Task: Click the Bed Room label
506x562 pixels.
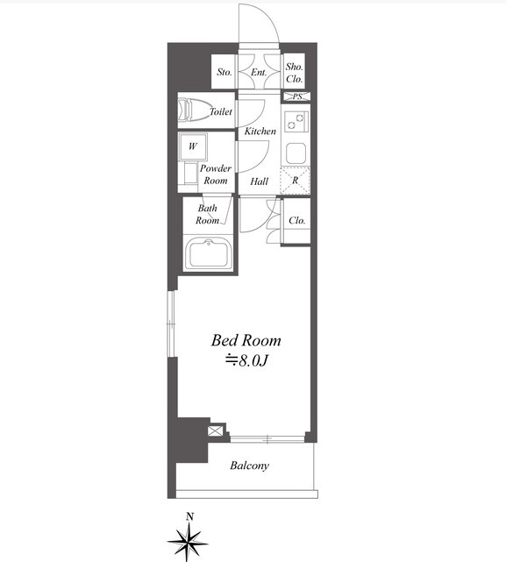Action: click(246, 340)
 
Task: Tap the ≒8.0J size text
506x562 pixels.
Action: click(246, 361)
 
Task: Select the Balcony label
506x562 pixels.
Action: click(250, 466)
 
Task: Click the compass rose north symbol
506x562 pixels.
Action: click(188, 537)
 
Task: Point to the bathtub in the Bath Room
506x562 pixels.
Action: click(208, 253)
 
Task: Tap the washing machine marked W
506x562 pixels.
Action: click(193, 146)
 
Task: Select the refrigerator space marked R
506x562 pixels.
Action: click(296, 181)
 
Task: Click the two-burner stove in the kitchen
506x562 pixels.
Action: click(296, 121)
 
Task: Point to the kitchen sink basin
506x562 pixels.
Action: click(296, 153)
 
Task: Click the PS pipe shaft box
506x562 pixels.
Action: click(296, 96)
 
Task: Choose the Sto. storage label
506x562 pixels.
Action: click(224, 72)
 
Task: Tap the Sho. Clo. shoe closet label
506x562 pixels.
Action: click(294, 73)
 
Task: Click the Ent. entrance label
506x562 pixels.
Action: click(259, 73)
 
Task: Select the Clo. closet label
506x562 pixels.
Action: click(297, 220)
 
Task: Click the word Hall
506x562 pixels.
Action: click(259, 181)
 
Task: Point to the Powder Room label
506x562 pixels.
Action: click(216, 174)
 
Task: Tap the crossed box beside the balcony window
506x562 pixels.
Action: click(215, 430)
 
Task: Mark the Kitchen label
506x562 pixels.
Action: click(260, 132)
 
